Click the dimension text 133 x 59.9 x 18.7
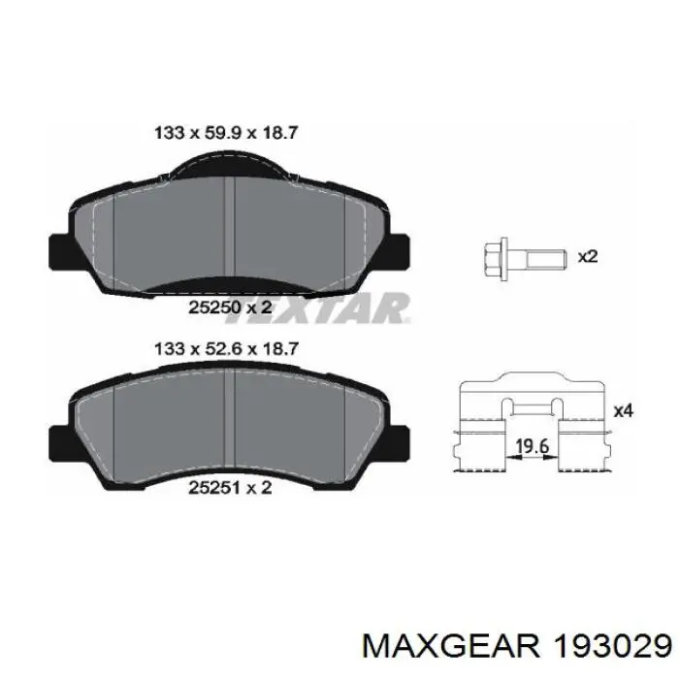pyautogui.click(x=226, y=133)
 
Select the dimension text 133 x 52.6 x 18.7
pyautogui.click(x=226, y=348)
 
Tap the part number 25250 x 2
pyautogui.click(x=230, y=307)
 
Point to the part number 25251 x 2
pyautogui.click(x=230, y=488)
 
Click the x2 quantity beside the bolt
pyautogui.click(x=588, y=257)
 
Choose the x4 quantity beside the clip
pyautogui.click(x=624, y=410)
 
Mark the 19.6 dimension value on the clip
pyautogui.click(x=533, y=445)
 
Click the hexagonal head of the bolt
pyautogui.click(x=495, y=259)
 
